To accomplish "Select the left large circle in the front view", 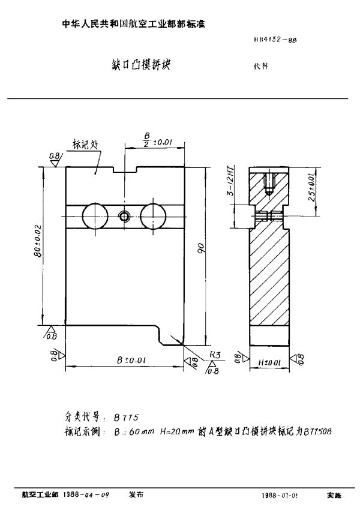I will coord(96,215).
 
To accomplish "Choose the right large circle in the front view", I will coord(154,215).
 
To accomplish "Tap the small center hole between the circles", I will coord(125,215).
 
